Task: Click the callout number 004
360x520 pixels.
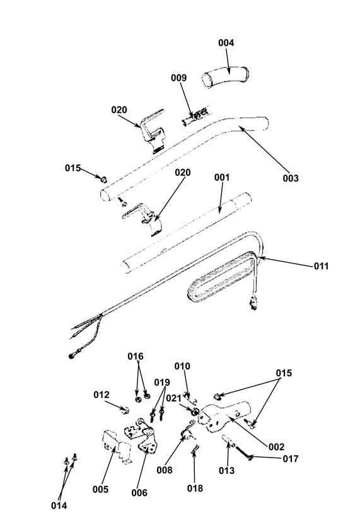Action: pos(226,43)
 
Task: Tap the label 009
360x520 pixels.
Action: pos(179,78)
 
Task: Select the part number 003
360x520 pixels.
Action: pos(291,178)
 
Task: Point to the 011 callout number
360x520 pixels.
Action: pos(321,266)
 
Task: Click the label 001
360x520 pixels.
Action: pos(222,177)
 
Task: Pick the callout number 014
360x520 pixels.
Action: pos(59,506)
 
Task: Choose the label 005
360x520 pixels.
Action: pos(100,489)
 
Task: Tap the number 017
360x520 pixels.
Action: pos(291,459)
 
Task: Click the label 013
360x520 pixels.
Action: pos(226,470)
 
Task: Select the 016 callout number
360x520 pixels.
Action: pos(136,356)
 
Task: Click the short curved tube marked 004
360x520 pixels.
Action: pos(225,78)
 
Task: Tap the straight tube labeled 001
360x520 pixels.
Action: pos(186,232)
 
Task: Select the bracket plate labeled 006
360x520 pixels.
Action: pos(141,435)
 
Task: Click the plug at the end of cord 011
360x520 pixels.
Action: pos(253,303)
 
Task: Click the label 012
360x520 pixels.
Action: pos(102,395)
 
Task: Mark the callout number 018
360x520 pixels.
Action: pos(195,488)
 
